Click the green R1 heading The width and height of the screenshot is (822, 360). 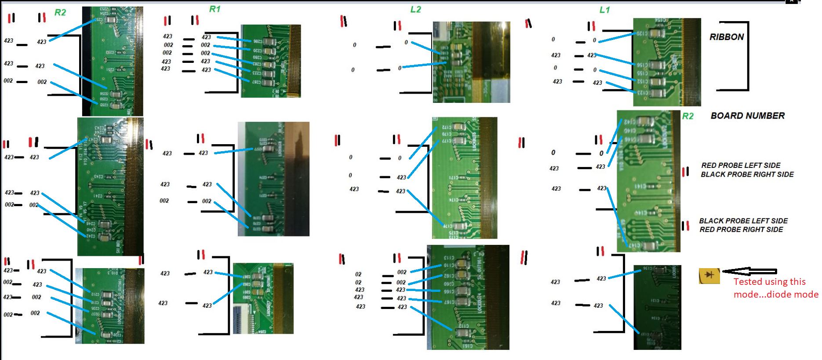click(215, 9)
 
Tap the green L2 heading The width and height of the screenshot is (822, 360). click(415, 9)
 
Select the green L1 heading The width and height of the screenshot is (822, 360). click(604, 10)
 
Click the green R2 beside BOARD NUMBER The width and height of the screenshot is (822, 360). click(687, 116)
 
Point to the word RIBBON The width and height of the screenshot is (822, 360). click(726, 37)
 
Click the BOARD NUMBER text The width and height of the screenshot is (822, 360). click(747, 116)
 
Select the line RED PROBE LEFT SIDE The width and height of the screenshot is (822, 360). click(741, 165)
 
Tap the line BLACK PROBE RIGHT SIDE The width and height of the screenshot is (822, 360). click(747, 175)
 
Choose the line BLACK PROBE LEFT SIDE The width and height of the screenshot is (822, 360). click(743, 221)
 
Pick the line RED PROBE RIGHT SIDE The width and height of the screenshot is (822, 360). click(741, 229)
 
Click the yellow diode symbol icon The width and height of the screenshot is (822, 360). click(709, 275)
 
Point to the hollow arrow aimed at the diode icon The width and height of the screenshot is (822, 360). click(749, 272)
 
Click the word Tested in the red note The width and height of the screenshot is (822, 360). click(747, 282)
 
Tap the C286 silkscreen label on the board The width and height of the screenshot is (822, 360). click(258, 41)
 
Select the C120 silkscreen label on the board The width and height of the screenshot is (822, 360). click(643, 33)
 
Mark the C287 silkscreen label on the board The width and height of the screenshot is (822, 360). click(257, 82)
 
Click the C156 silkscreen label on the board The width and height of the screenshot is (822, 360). click(642, 65)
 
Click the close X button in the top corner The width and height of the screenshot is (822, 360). click(791, 1)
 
